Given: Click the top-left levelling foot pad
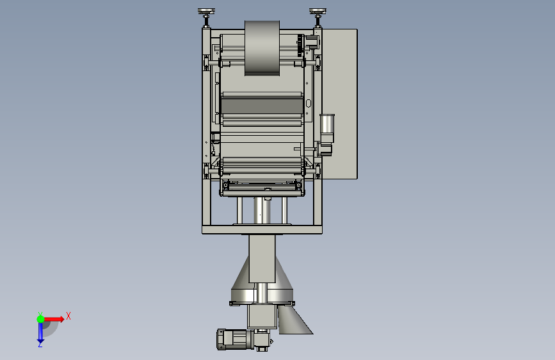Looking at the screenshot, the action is tap(206, 12).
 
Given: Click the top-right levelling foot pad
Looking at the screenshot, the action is tap(318, 12).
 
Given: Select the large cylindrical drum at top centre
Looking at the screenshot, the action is tap(262, 48).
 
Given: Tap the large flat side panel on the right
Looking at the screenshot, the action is tap(339, 104).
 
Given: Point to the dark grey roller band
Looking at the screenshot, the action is tap(262, 106).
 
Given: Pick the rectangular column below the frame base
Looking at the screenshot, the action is tap(262, 258).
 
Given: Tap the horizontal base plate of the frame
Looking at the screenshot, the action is tap(262, 229).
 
